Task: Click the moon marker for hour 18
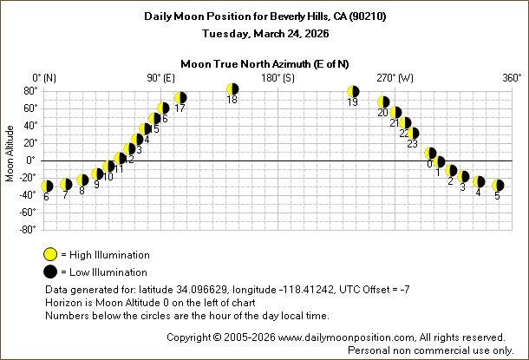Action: coord(232,89)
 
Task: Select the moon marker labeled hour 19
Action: coord(353,92)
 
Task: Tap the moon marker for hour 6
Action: coord(47,186)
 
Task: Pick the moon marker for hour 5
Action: coord(498,185)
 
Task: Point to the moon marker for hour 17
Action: coord(180,98)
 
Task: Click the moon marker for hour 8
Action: coord(82,180)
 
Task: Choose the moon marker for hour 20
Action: coord(383,102)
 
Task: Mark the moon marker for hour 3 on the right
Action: coord(464,176)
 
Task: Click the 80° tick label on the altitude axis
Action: coord(29,90)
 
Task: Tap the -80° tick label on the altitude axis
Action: coord(27,229)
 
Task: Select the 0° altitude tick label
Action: coord(31,160)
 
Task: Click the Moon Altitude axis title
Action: coord(10,160)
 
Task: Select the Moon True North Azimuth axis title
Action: coord(264,63)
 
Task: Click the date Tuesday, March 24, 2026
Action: coord(264,33)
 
